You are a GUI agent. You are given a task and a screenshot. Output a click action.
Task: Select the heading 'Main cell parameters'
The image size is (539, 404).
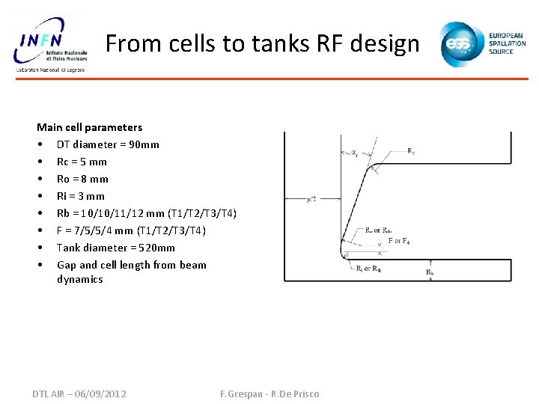click(89, 127)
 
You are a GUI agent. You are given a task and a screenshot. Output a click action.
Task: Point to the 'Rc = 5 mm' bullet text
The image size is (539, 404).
click(82, 162)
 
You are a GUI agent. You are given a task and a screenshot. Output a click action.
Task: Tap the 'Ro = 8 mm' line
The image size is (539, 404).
click(82, 179)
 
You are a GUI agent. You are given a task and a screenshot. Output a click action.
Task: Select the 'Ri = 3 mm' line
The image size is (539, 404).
click(81, 196)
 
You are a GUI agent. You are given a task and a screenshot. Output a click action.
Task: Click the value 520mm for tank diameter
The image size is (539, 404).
click(156, 248)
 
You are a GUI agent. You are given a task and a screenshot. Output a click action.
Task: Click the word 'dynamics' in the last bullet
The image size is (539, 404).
click(80, 279)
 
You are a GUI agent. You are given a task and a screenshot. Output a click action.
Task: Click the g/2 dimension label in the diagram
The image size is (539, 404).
click(311, 199)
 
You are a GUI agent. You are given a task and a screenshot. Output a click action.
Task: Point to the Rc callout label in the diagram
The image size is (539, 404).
click(411, 151)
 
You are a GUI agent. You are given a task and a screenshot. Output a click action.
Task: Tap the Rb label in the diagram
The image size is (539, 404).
click(430, 273)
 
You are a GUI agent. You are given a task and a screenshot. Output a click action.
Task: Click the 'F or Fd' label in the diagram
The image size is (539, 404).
click(399, 241)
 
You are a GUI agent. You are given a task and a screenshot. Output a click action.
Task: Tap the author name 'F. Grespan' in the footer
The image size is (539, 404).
click(243, 394)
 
